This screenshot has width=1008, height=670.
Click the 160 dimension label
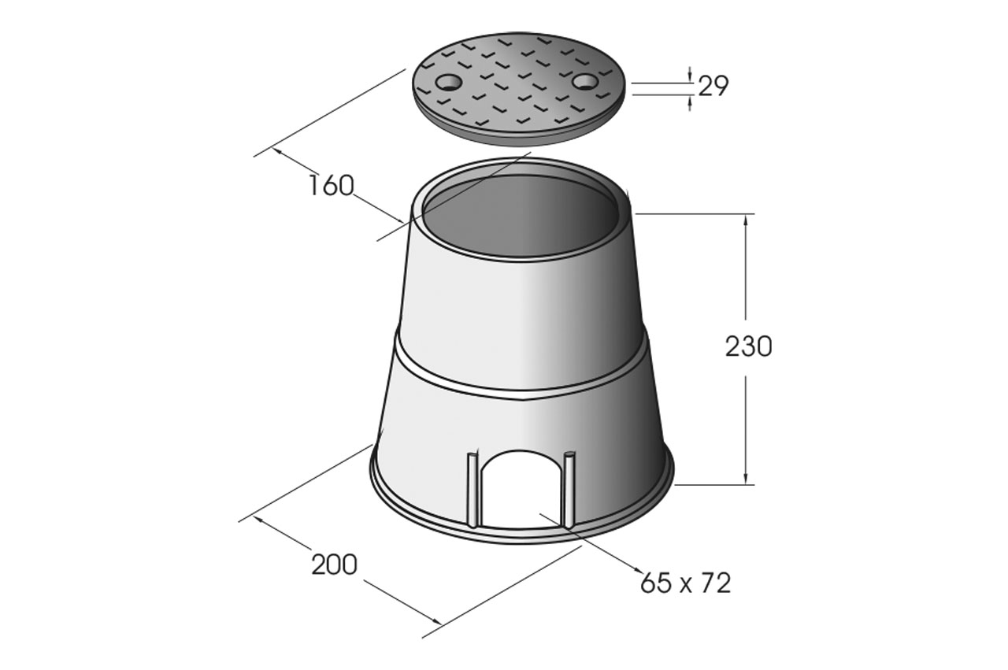pos(332,185)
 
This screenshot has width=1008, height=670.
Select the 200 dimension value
pos(335,565)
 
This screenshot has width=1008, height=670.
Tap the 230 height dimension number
pos(748,347)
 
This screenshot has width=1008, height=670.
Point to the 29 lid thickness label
pos(713,86)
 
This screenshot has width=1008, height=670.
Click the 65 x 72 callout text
pos(685,583)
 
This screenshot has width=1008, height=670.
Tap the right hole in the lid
pos(585,81)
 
